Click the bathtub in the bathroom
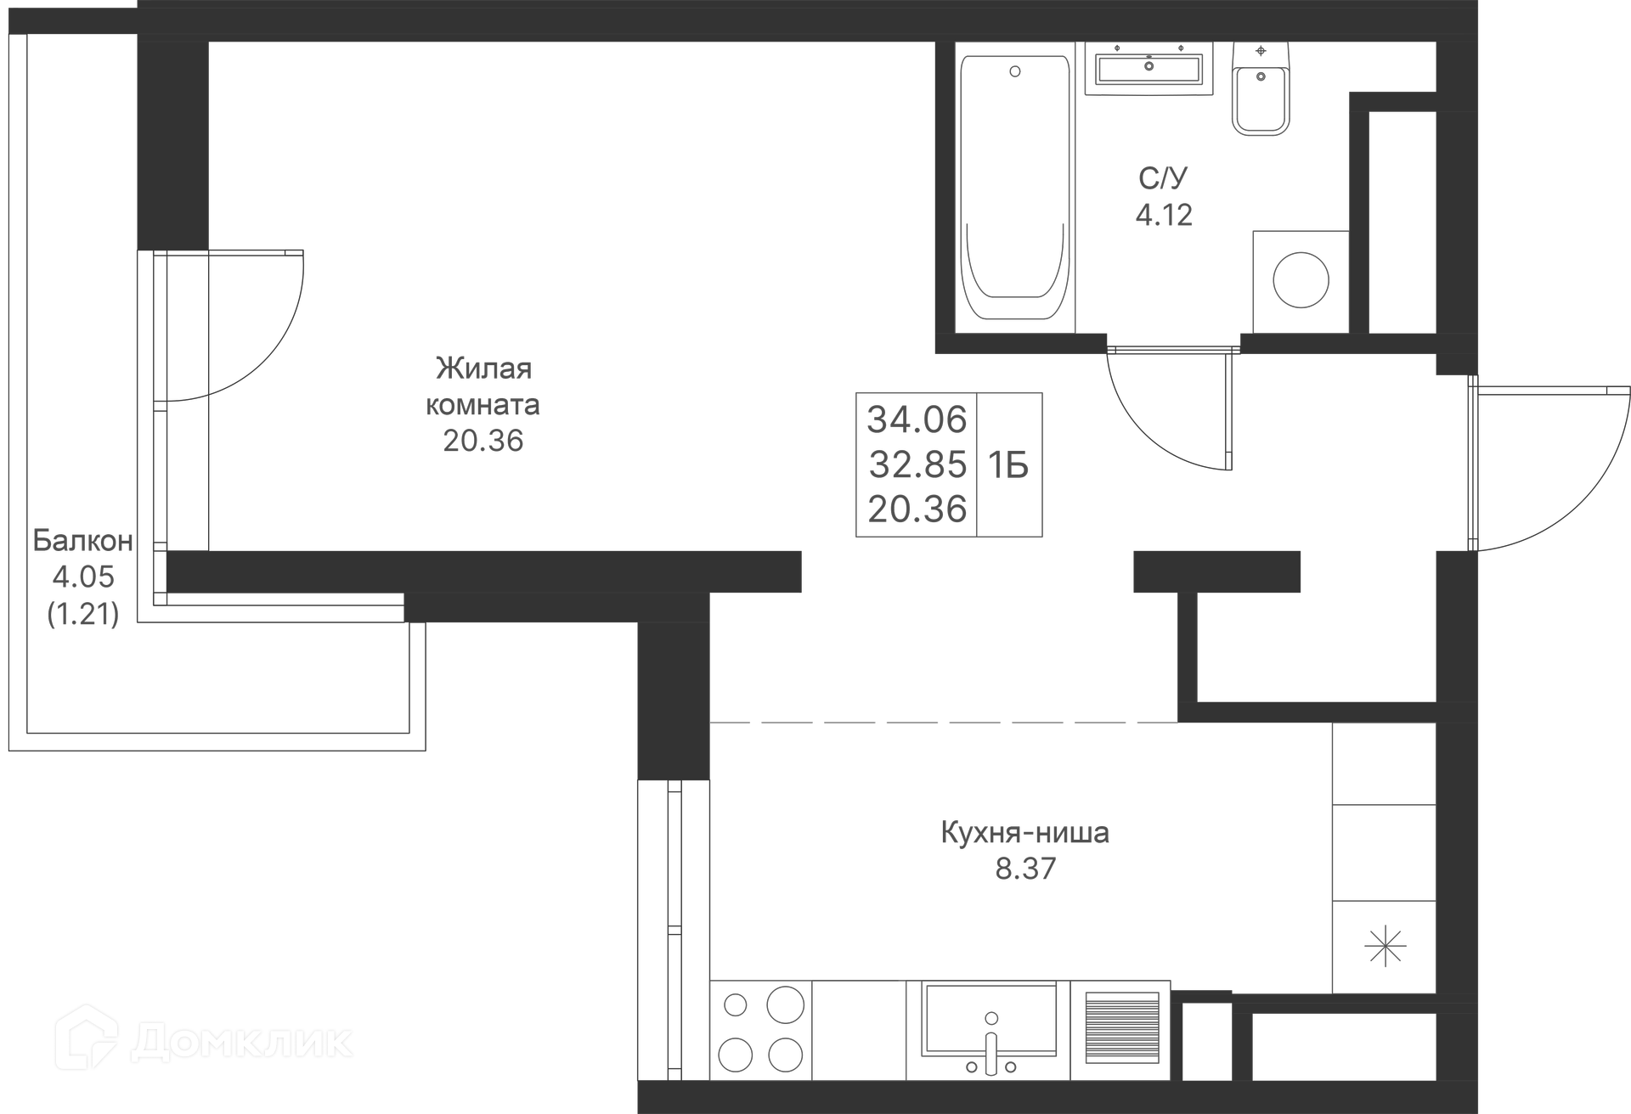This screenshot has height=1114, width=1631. pos(1015,187)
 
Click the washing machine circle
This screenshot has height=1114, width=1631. pos(1301,280)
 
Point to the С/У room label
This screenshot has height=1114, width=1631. pos(1163,178)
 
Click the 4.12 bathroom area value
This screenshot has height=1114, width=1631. pos(1164,215)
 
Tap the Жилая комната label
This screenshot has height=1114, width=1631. pos(483,386)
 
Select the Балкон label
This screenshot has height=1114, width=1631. pos(82,541)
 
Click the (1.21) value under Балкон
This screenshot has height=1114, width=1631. pos(82,613)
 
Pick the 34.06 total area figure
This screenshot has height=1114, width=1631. pos(917,419)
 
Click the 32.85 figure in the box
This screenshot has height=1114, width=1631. pos(917,464)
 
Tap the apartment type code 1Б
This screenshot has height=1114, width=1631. pos(1008,465)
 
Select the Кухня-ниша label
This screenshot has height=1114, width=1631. pos(1024,832)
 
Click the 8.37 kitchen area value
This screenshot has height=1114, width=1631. pos(1025,869)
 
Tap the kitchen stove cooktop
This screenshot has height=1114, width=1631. pos(760,1030)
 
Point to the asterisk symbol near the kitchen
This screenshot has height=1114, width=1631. pos(1385,946)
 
